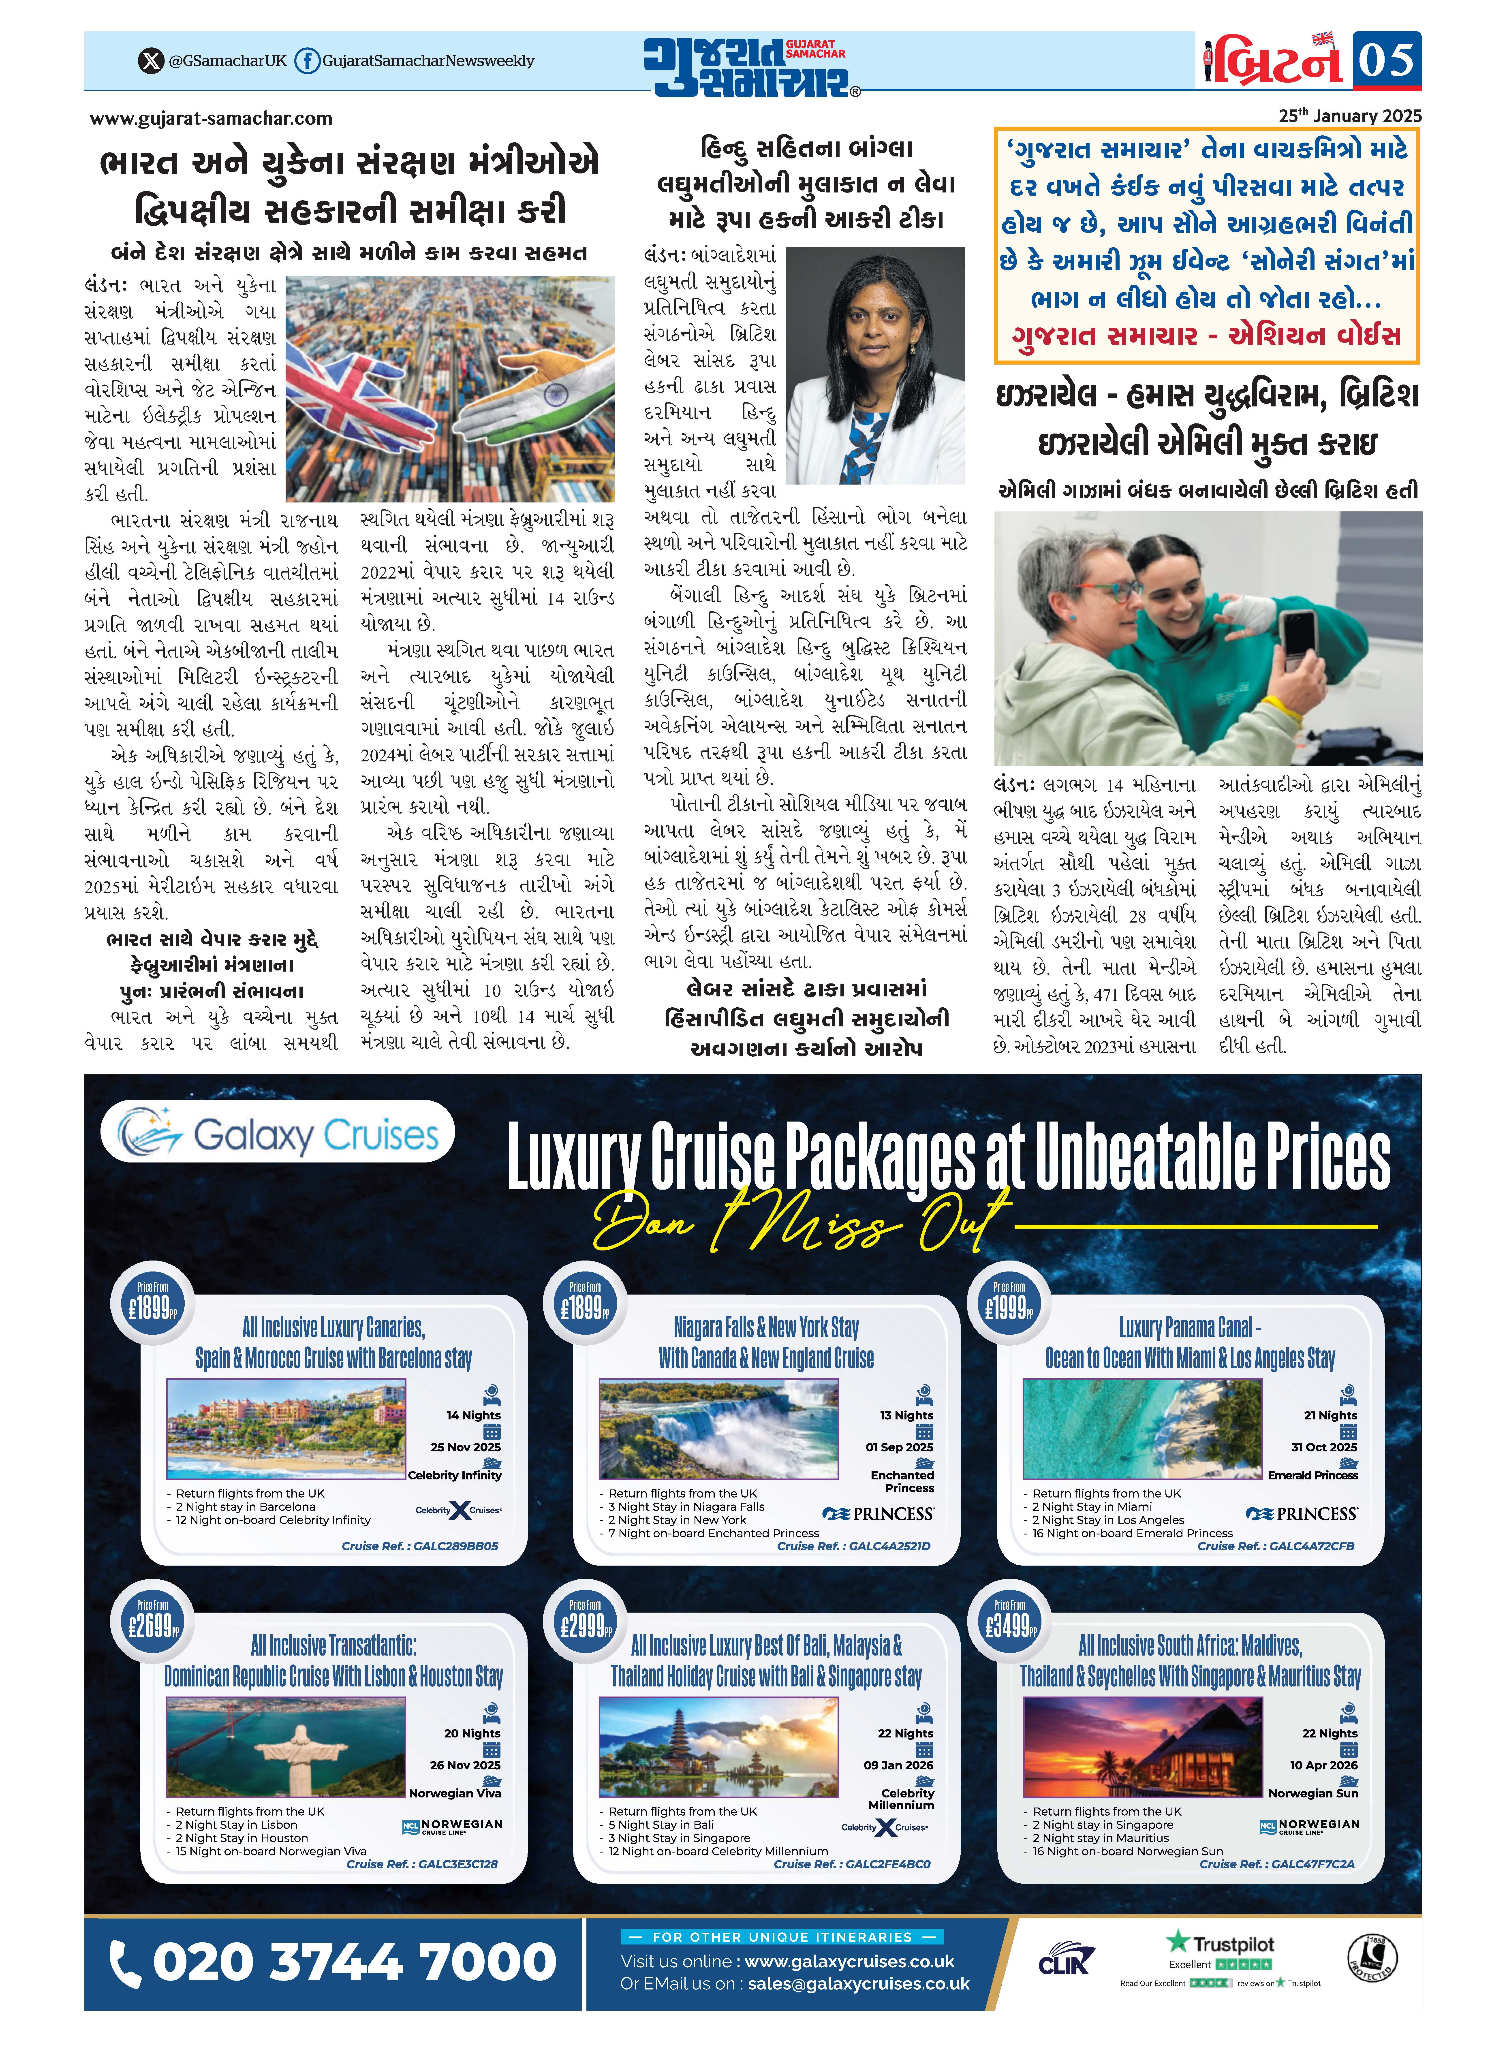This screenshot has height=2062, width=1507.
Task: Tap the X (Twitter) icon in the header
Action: [x=150, y=61]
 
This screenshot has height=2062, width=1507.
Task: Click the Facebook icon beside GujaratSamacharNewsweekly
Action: [x=307, y=61]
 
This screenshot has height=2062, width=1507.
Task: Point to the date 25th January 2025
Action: [x=1349, y=116]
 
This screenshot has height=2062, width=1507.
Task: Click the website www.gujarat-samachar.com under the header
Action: [x=211, y=119]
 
